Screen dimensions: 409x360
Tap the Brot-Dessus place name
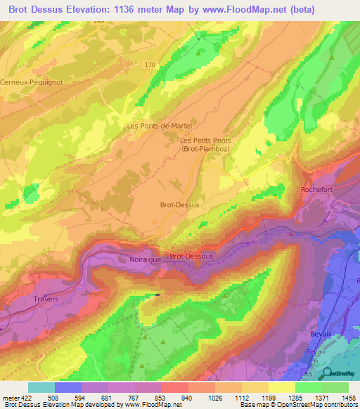[180, 204]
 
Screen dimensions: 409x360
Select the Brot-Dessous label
[191, 257]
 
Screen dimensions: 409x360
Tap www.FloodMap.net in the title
[242, 9]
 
